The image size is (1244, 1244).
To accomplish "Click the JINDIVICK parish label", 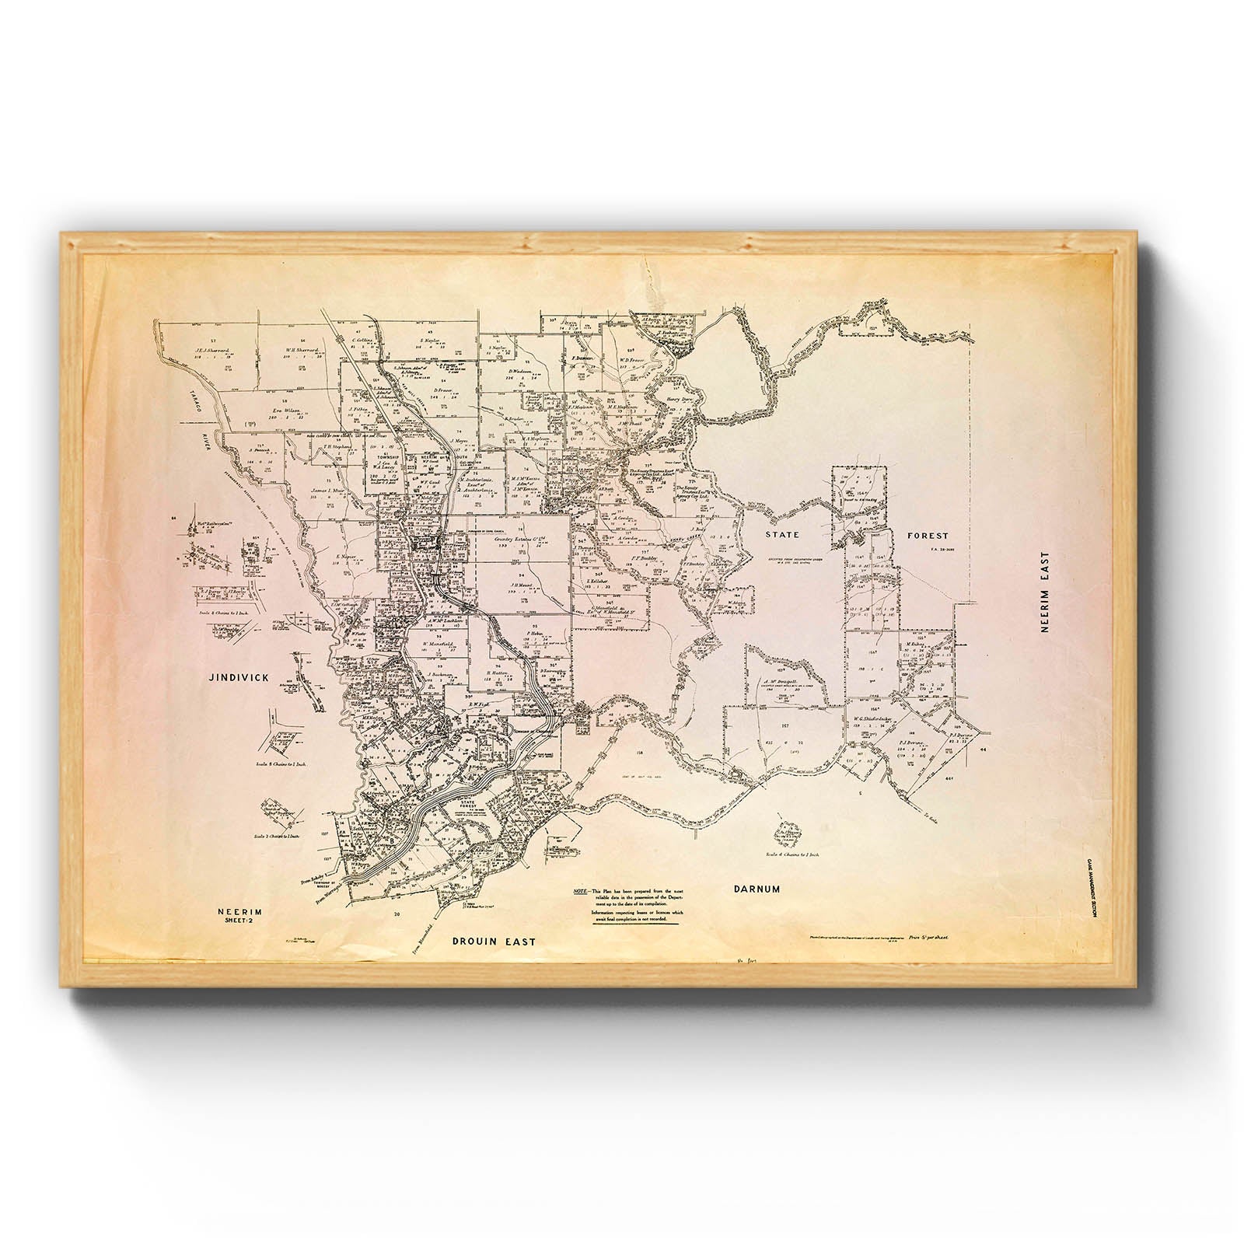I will coord(239,677).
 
